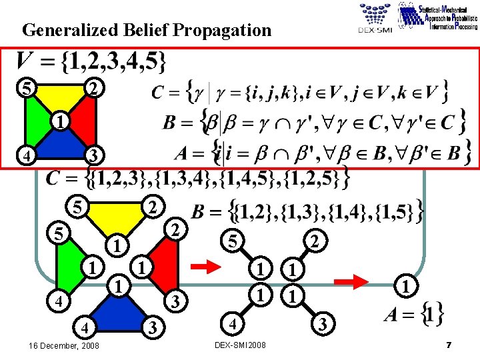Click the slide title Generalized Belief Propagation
(x=147, y=30)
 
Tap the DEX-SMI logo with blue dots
(x=375, y=19)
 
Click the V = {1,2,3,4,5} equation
(x=91, y=62)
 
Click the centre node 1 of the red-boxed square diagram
(x=59, y=122)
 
